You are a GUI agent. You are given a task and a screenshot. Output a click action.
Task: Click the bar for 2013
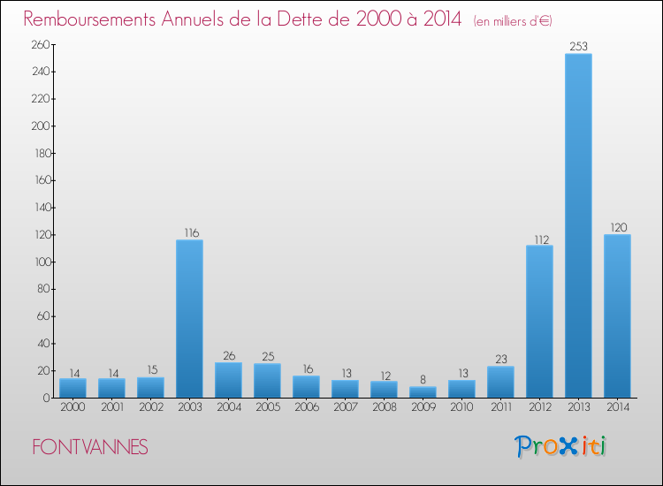[x=578, y=225]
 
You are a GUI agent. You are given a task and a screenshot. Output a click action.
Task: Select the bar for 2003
[x=189, y=318]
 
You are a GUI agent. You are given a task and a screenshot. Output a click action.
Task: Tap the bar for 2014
[x=617, y=315]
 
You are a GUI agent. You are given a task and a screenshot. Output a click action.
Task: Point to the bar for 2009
[x=423, y=391]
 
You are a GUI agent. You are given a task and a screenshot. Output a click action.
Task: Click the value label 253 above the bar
[x=578, y=46]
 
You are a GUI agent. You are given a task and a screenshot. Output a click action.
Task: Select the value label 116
[x=189, y=232]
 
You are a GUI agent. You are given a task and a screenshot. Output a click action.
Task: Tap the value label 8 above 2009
[x=423, y=379]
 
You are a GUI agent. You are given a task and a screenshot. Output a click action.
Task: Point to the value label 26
[x=228, y=355]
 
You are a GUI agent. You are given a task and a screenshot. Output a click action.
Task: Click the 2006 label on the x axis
[x=306, y=406]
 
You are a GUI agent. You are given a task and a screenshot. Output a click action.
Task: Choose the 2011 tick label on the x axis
[x=500, y=406]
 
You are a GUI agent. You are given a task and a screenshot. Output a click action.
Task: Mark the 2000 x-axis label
[x=72, y=406]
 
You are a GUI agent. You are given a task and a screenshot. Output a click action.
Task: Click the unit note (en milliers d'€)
[x=513, y=20]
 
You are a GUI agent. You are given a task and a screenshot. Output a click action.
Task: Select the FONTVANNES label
[x=90, y=447]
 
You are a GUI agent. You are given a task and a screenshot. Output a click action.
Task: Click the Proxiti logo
[x=561, y=446]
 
